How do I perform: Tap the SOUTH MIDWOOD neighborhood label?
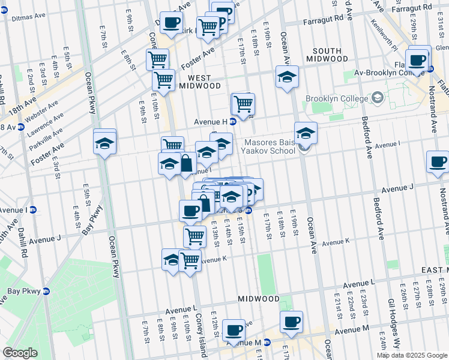pos(323,54)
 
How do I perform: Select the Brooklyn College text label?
pos(336,98)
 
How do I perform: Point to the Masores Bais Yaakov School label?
pos(270,146)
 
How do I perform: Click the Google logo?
pos(20,353)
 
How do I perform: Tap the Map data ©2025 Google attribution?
pos(412,355)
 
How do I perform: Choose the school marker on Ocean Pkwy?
pos(104,143)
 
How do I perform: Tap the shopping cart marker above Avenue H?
pos(243,104)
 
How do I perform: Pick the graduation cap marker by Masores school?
pos(306,133)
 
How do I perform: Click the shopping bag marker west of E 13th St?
pos(185,163)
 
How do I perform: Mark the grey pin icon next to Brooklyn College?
pos(377,97)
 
